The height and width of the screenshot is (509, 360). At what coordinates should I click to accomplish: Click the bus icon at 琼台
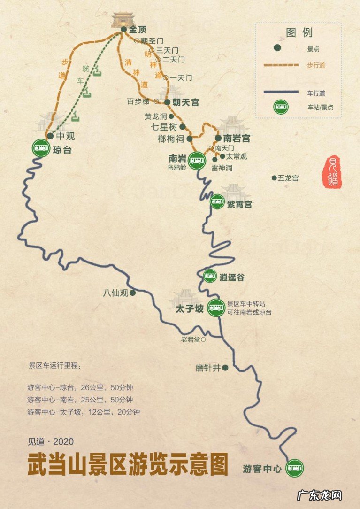click(40, 148)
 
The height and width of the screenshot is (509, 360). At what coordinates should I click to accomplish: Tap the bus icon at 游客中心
click(295, 468)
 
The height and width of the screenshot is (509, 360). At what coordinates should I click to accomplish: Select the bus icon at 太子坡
click(216, 308)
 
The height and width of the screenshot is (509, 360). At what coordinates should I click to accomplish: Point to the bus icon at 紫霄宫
click(217, 202)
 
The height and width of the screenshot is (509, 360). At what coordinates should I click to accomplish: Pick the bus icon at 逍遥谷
click(210, 277)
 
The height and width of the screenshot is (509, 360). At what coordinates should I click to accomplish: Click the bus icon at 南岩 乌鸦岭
click(197, 160)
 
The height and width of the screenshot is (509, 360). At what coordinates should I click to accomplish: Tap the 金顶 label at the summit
click(138, 30)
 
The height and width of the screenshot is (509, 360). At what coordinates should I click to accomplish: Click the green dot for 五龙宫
click(274, 178)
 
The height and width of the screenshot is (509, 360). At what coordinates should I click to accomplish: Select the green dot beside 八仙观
click(133, 293)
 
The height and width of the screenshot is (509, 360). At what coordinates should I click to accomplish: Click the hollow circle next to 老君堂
click(203, 339)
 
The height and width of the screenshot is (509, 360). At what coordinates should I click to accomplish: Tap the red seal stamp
click(333, 172)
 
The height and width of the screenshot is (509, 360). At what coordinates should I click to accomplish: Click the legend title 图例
click(299, 32)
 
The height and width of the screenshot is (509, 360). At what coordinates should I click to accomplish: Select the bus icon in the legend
click(281, 108)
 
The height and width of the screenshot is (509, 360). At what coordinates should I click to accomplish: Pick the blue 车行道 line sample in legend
click(281, 92)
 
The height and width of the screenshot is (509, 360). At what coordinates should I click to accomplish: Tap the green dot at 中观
click(50, 136)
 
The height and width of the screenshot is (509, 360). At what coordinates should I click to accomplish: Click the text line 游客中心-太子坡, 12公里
click(84, 412)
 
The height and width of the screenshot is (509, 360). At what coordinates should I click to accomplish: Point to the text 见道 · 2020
click(51, 441)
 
